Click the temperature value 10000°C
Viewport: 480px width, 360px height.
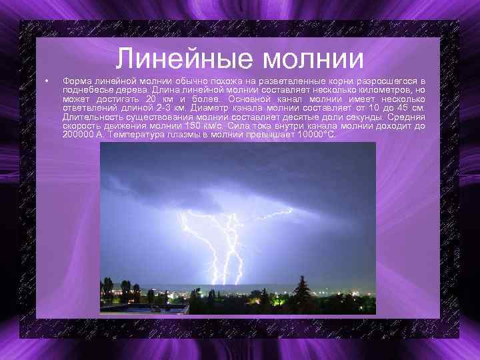[317, 135]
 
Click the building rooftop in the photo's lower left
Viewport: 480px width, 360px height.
[143, 307]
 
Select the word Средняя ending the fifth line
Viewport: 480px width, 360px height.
[407, 117]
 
